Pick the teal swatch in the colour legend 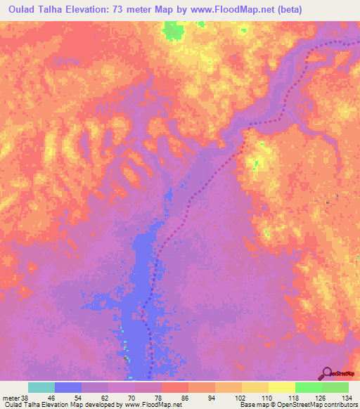click(x=41, y=387)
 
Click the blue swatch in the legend click(x=68, y=387)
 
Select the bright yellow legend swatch click(x=282, y=387)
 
